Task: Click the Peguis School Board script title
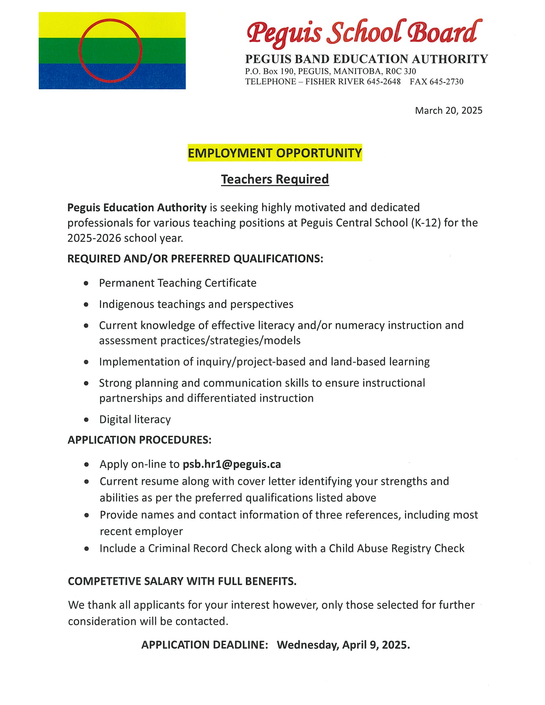pos(364,34)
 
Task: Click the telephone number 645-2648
pos(383,82)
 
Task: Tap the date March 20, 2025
pos(449,111)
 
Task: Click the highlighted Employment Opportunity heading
pos(275,153)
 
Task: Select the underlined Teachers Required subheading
pos(275,179)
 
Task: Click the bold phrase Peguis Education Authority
pos(137,208)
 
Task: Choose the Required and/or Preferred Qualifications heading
pos(195,259)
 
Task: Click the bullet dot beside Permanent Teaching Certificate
pos(86,283)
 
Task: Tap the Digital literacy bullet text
pos(135,419)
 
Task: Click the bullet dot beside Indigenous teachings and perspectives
pos(86,304)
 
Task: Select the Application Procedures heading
pos(139,440)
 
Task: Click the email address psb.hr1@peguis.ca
pos(232,464)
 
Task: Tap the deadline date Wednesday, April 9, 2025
pos(343,645)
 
